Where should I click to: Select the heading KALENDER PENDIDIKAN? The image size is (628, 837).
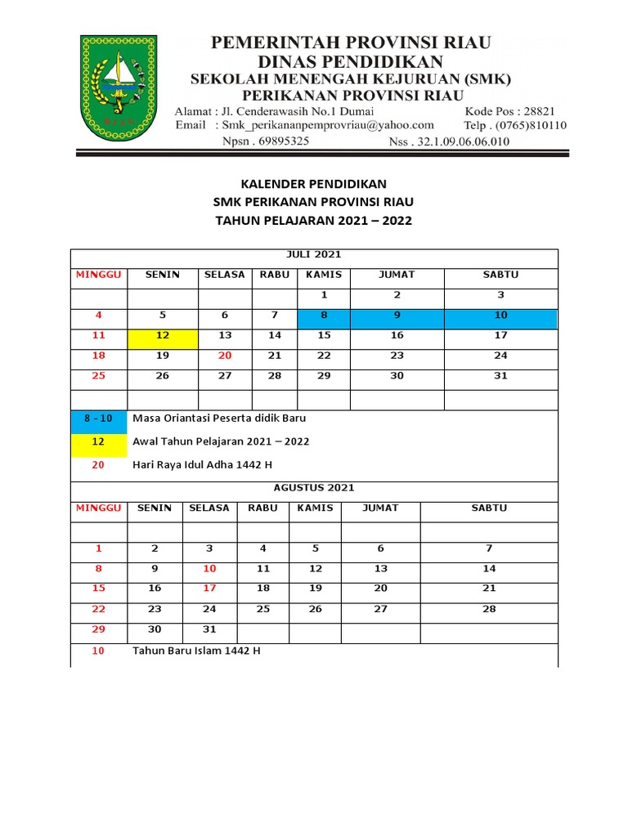[313, 184]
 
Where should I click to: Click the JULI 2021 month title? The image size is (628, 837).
[313, 254]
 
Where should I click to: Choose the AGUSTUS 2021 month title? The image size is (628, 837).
[314, 487]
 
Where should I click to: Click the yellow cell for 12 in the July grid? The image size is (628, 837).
[162, 335]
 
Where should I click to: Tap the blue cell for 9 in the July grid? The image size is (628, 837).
[397, 315]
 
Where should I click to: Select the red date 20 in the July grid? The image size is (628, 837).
[225, 356]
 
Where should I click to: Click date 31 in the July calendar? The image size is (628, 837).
[500, 376]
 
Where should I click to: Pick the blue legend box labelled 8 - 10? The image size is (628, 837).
[98, 418]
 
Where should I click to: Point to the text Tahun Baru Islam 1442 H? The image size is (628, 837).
[197, 651]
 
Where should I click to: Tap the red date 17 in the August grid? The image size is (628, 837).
[209, 589]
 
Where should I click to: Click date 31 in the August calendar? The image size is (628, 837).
[209, 629]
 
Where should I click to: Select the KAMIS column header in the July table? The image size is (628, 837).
[324, 275]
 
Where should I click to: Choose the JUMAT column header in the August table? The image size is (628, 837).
[380, 508]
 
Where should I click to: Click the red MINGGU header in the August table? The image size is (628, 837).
[98, 508]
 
